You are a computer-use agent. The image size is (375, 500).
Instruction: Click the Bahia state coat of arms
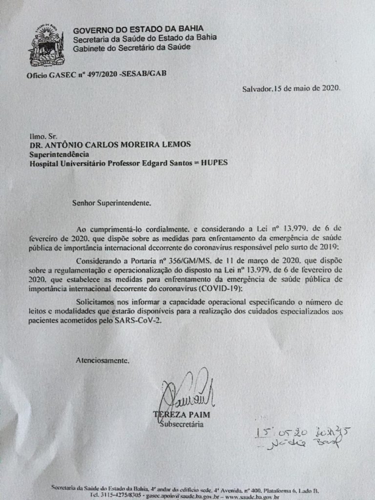click(46, 47)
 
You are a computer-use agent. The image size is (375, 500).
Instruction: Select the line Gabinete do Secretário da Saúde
click(132, 47)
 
